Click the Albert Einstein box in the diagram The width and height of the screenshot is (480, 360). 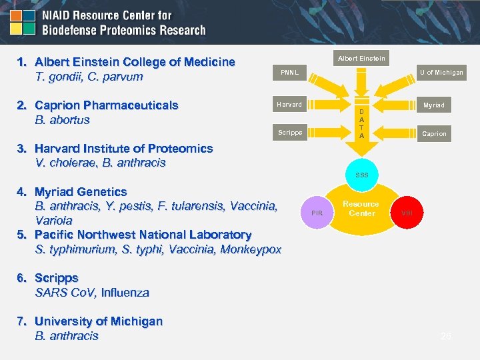click(x=361, y=59)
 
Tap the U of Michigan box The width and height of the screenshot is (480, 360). click(x=441, y=73)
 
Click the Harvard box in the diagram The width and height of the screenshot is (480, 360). click(x=290, y=105)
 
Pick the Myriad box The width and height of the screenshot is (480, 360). click(x=433, y=105)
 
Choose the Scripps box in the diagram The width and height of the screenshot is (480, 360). click(x=290, y=132)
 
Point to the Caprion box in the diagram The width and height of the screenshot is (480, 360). click(x=434, y=134)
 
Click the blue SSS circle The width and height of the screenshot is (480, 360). click(x=361, y=175)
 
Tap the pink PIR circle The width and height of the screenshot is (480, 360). click(x=317, y=213)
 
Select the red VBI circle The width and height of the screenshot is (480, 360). click(x=407, y=213)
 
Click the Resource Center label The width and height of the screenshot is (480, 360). click(x=361, y=209)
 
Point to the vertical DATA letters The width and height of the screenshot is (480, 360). click(x=361, y=123)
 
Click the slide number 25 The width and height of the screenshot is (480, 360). click(x=446, y=337)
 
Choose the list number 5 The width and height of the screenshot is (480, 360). click(x=21, y=235)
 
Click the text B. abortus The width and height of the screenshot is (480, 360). click(x=62, y=120)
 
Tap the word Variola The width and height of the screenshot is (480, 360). click(x=53, y=220)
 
